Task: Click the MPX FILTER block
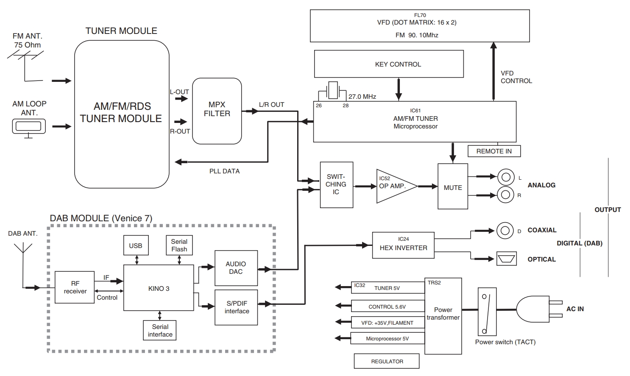click(217, 111)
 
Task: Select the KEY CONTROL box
click(389, 64)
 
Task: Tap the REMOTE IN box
click(494, 151)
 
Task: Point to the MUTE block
click(453, 187)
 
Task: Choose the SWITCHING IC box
click(336, 185)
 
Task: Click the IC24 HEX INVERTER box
click(403, 245)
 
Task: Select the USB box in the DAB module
click(136, 245)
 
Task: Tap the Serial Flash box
click(179, 245)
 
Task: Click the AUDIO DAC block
click(236, 268)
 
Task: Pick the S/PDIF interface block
click(236, 307)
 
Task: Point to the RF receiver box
click(75, 287)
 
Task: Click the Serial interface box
click(160, 331)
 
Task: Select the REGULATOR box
click(387, 361)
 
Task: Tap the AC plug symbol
click(539, 309)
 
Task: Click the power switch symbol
click(487, 312)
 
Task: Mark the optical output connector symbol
click(507, 259)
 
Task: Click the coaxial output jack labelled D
click(505, 231)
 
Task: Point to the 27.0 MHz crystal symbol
click(333, 91)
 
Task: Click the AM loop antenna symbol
click(29, 128)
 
